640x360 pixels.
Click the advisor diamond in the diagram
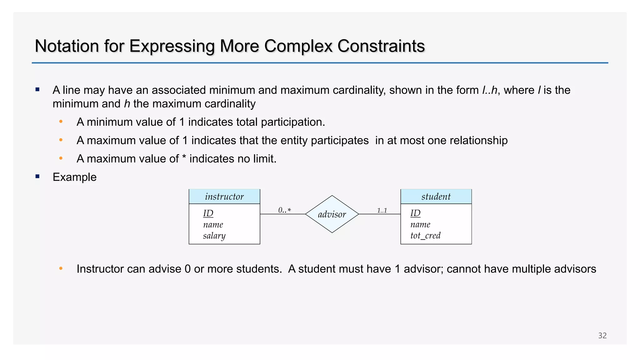pyautogui.click(x=332, y=214)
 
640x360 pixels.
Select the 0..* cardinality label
pyautogui.click(x=284, y=210)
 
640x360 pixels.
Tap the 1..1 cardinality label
pyautogui.click(x=382, y=211)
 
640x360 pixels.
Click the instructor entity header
pyautogui.click(x=224, y=197)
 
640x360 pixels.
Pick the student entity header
pyautogui.click(x=436, y=197)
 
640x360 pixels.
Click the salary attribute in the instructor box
pyautogui.click(x=214, y=236)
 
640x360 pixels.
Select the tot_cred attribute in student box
pyautogui.click(x=425, y=235)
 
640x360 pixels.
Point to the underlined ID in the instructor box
pyautogui.click(x=208, y=213)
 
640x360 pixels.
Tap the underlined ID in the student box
pyautogui.click(x=415, y=213)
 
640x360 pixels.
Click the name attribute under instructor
pyautogui.click(x=213, y=225)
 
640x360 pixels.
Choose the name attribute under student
pyautogui.click(x=420, y=224)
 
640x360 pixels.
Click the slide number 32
pyautogui.click(x=602, y=336)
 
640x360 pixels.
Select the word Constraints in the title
pyautogui.click(x=381, y=46)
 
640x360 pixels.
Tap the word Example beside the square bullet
pyautogui.click(x=74, y=177)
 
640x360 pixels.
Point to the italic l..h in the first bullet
pyautogui.click(x=489, y=90)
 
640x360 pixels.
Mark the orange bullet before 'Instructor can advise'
pyautogui.click(x=61, y=268)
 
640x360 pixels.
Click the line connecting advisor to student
pyautogui.click(x=379, y=214)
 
